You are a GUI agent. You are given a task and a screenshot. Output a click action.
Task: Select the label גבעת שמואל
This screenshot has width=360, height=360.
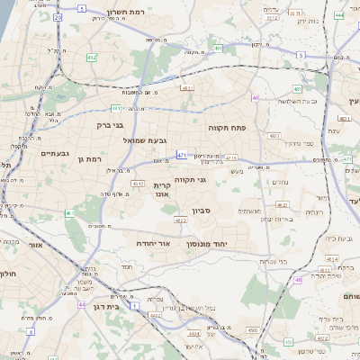tap(144, 140)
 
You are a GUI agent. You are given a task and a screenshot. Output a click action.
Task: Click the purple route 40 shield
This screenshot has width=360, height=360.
tap(256, 98)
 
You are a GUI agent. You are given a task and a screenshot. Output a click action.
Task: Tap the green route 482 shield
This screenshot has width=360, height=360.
tap(92, 57)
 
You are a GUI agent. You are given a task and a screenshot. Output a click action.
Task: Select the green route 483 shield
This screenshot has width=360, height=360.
tap(297, 89)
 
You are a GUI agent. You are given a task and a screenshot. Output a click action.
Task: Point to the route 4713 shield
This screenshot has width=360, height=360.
tap(230, 158)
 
